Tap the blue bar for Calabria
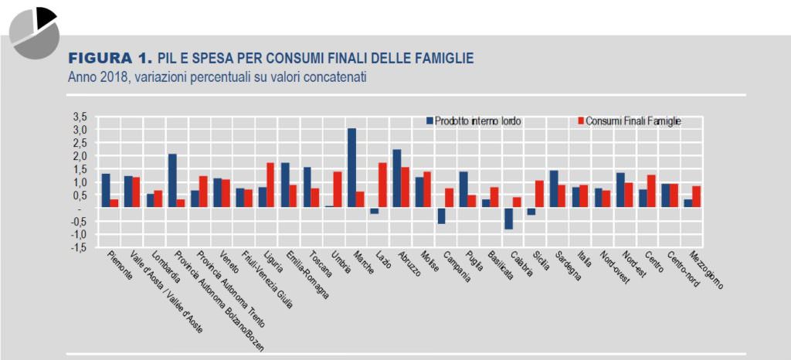click(508, 218)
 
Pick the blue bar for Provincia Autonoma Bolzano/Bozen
click(172, 180)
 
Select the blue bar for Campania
click(441, 216)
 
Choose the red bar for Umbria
click(338, 189)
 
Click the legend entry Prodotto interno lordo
click(471, 121)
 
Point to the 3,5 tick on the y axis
click(80, 117)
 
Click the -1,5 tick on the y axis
click(80, 247)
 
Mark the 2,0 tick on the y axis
click(80, 155)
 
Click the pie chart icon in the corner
click(35, 30)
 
